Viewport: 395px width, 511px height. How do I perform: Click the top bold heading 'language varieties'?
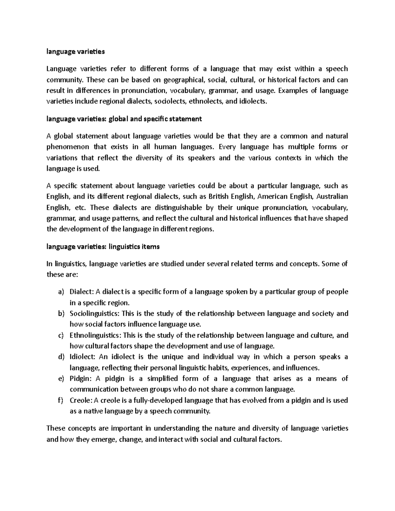point(75,51)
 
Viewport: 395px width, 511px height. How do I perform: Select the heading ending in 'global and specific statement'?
point(124,119)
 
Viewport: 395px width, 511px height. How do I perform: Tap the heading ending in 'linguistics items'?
point(103,246)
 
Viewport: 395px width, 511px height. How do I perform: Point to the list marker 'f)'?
point(60,400)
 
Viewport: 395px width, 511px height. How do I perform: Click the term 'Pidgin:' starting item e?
point(80,379)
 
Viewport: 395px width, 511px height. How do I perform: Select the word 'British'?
point(218,197)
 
